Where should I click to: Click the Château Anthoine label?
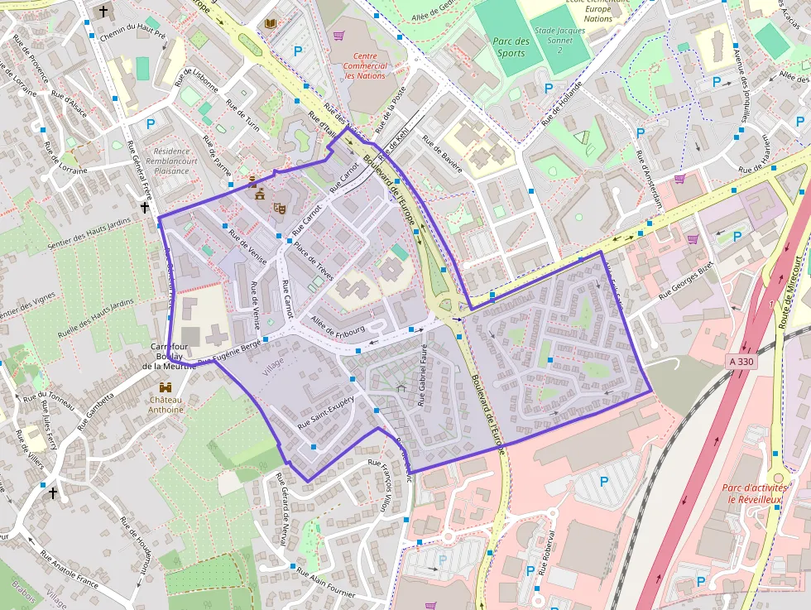pyautogui.click(x=166, y=403)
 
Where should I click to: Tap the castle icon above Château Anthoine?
pyautogui.click(x=166, y=387)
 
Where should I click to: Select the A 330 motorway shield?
pyautogui.click(x=742, y=362)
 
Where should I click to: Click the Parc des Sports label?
pyautogui.click(x=511, y=47)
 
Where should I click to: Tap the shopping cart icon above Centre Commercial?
pyautogui.click(x=339, y=36)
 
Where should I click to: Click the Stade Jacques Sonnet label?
pyautogui.click(x=560, y=36)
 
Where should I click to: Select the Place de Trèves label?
pyautogui.click(x=313, y=257)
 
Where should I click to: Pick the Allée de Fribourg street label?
pyautogui.click(x=338, y=326)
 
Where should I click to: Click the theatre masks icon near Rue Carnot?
pyautogui.click(x=280, y=208)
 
